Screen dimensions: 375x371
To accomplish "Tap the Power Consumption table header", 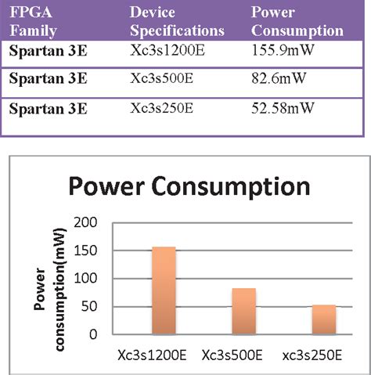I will click(x=297, y=22).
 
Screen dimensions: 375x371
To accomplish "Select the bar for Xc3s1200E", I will click(x=164, y=290).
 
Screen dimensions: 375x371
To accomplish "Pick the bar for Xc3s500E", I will click(x=244, y=311).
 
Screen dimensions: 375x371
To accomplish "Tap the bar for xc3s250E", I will click(x=324, y=319).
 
